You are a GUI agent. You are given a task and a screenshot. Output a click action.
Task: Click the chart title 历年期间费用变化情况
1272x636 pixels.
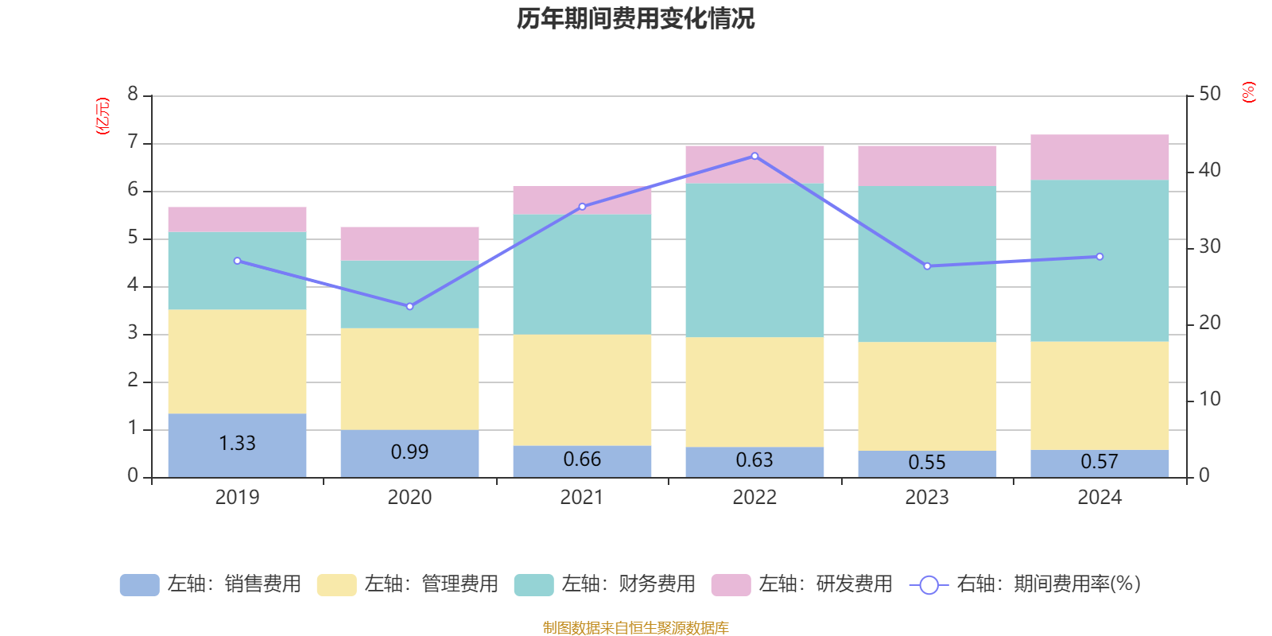(x=635, y=18)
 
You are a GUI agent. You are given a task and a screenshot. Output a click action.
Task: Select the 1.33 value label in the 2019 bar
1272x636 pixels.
(x=237, y=444)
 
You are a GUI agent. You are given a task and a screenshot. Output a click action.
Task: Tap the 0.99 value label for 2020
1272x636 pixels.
(x=409, y=452)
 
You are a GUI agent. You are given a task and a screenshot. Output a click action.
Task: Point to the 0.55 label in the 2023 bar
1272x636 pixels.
(x=927, y=463)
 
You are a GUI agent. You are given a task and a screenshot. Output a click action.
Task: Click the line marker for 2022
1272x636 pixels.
(x=754, y=156)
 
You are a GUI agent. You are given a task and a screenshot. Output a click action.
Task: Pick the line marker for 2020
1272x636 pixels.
(x=409, y=306)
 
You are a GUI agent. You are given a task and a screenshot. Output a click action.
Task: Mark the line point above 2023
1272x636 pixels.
(x=927, y=266)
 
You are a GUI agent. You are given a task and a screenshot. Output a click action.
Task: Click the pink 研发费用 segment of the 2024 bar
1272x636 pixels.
(x=1099, y=157)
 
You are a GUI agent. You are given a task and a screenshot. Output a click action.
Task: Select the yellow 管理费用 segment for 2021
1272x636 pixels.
(x=582, y=390)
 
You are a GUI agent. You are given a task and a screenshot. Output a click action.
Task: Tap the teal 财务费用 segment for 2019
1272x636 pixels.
(x=237, y=270)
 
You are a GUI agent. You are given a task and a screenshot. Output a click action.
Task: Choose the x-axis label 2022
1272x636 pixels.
(x=754, y=498)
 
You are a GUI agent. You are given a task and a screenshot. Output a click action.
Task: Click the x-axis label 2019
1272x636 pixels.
(x=237, y=498)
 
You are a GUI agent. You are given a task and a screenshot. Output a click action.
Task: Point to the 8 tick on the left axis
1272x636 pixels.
(x=133, y=95)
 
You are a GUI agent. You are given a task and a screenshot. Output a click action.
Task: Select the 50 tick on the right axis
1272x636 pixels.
(x=1209, y=95)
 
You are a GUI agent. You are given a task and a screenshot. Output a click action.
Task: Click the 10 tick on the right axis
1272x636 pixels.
(x=1209, y=399)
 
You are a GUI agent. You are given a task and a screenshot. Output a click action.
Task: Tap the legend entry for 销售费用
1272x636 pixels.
(x=211, y=584)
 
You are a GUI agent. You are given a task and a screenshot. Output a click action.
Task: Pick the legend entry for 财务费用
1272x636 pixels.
(x=605, y=584)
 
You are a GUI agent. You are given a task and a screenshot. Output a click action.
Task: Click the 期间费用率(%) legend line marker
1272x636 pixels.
(x=929, y=585)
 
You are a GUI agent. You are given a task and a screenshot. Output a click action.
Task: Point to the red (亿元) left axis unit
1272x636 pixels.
(x=103, y=116)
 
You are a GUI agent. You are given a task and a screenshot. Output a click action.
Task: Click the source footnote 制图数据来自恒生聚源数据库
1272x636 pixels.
(x=635, y=628)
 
